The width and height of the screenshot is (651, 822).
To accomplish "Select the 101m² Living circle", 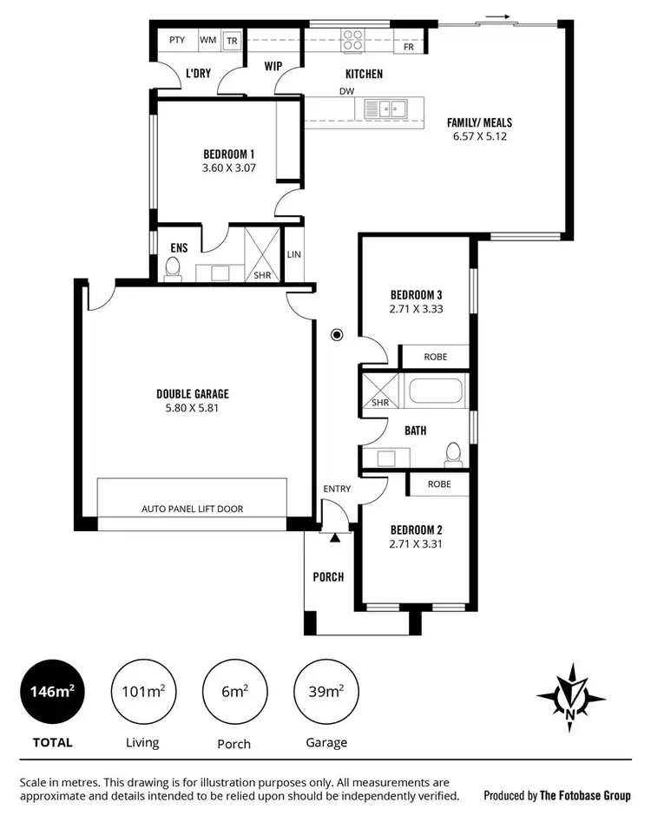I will [x=142, y=691].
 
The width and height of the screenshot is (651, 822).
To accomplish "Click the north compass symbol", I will [x=570, y=693].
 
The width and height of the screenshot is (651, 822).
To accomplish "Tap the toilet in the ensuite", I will [x=173, y=268].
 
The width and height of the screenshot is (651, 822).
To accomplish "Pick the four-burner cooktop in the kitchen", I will [x=353, y=39].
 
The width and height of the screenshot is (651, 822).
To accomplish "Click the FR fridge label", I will [x=409, y=47].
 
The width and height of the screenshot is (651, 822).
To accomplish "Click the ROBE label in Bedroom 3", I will [x=436, y=357].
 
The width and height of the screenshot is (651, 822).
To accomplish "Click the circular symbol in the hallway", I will [x=337, y=334].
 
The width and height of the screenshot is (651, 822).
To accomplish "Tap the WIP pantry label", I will [x=274, y=64].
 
